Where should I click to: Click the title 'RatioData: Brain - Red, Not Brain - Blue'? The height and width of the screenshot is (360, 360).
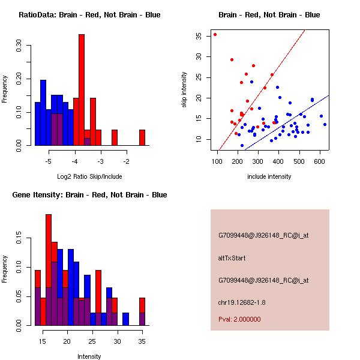click(x=89, y=15)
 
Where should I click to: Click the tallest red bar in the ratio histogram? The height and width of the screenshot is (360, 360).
click(x=82, y=90)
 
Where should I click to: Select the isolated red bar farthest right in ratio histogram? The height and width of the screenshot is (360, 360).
click(x=142, y=137)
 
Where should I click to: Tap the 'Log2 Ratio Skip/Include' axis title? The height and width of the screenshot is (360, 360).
click(x=89, y=176)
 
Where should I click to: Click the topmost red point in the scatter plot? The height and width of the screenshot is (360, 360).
click(x=215, y=34)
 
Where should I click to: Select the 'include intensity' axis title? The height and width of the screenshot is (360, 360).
click(x=269, y=176)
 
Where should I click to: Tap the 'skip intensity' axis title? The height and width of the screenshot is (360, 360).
click(x=185, y=90)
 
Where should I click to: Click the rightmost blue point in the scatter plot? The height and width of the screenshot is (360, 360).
click(x=325, y=124)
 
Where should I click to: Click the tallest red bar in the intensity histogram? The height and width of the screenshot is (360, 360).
click(x=49, y=270)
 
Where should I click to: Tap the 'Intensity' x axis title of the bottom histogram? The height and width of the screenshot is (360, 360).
click(x=89, y=356)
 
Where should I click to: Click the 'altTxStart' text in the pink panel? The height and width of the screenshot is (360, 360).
click(x=232, y=258)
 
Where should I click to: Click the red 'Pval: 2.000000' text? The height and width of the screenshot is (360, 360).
click(x=239, y=319)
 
